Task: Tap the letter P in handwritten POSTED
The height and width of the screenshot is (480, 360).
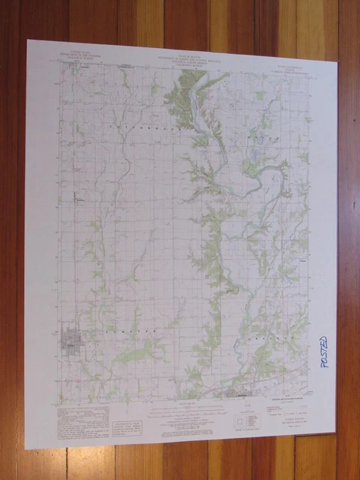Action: [x=324, y=373]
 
